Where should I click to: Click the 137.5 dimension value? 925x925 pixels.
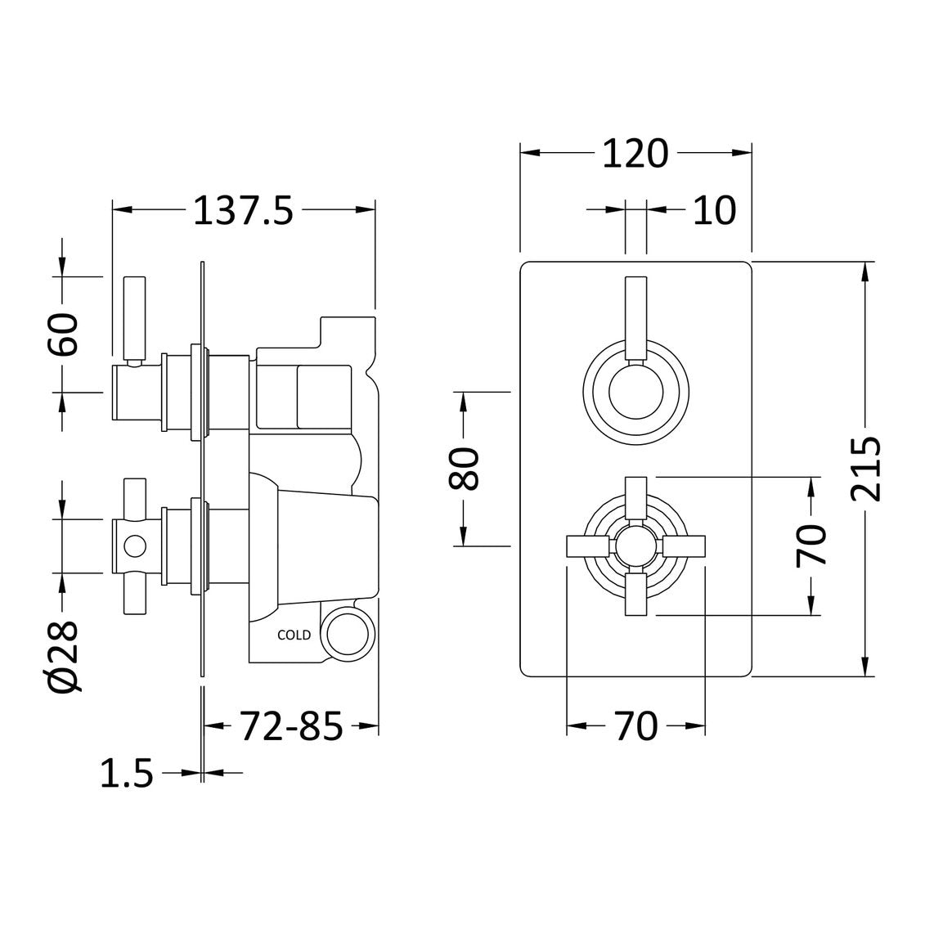pyautogui.click(x=242, y=211)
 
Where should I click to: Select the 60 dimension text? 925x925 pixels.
pyautogui.click(x=63, y=333)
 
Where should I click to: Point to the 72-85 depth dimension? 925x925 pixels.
pyautogui.click(x=291, y=725)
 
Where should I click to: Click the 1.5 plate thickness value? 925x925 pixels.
pyautogui.click(x=127, y=772)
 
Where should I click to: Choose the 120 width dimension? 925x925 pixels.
pyautogui.click(x=635, y=153)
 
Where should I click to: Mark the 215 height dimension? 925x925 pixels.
pyautogui.click(x=865, y=469)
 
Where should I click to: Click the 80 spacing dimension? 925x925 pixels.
pyautogui.click(x=463, y=469)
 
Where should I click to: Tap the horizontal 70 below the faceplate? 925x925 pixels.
pyautogui.click(x=635, y=725)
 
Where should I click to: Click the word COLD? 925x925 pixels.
pyautogui.click(x=294, y=635)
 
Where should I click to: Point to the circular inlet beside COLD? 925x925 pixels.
pyautogui.click(x=348, y=633)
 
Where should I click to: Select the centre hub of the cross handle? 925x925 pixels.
pyautogui.click(x=635, y=546)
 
